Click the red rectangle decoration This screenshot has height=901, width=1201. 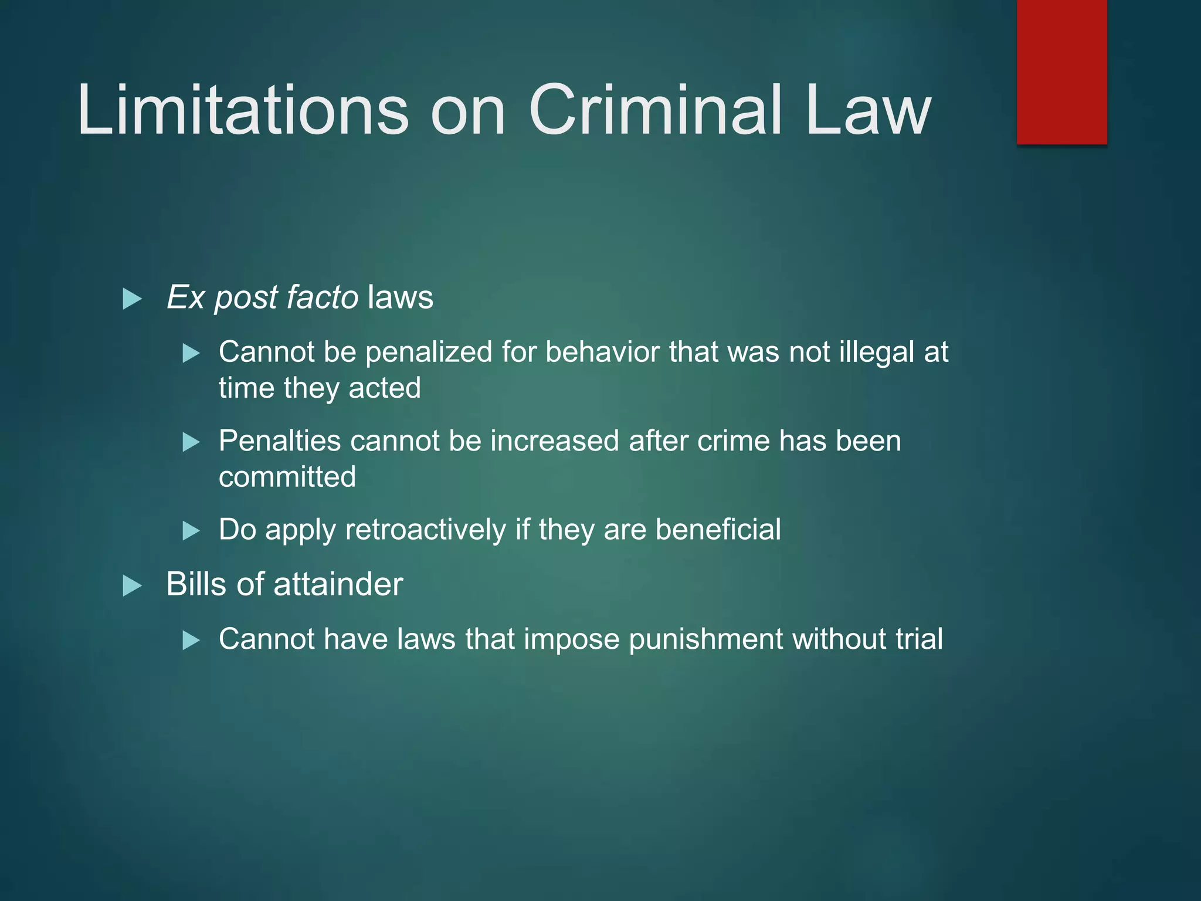[x=1061, y=72]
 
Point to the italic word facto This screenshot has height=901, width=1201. [x=322, y=297]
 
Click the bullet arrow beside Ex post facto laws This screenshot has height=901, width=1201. [x=133, y=299]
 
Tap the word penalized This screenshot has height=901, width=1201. [x=429, y=353]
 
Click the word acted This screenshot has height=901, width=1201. [x=385, y=388]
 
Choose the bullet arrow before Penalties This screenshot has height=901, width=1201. [x=191, y=442]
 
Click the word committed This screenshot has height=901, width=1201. [x=287, y=477]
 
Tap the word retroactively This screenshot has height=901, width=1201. [x=426, y=530]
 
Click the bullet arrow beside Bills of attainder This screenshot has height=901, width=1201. [x=133, y=585]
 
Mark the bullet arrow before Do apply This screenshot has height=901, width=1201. [x=191, y=531]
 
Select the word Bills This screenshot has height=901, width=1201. [x=196, y=584]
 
